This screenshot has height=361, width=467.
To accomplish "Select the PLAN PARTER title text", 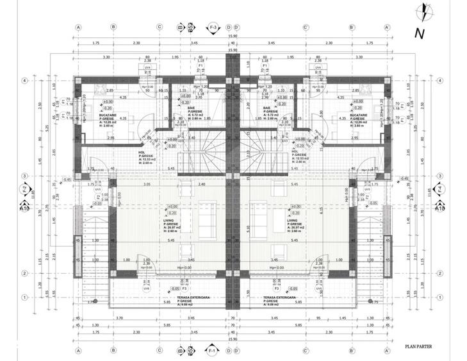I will click(x=418, y=346).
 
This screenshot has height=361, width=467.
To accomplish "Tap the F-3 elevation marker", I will click(x=213, y=28).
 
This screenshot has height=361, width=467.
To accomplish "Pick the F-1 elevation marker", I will click(x=213, y=352).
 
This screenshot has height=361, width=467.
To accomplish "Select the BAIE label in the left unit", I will click(x=192, y=108).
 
